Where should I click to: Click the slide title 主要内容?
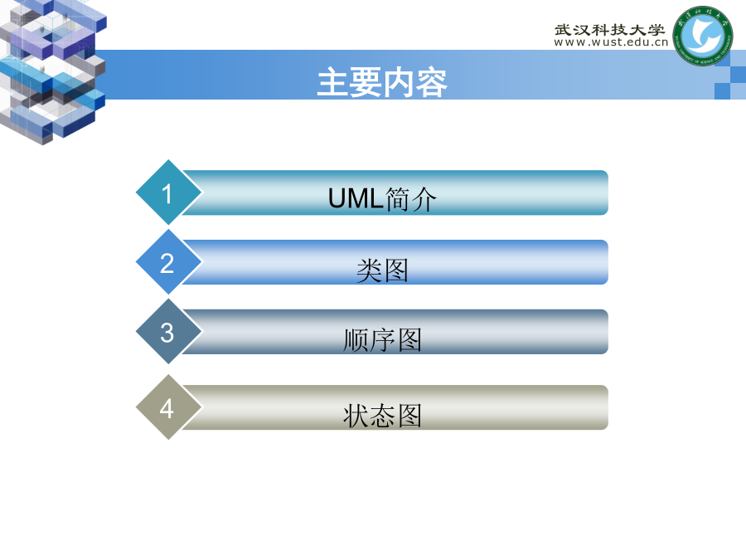(382, 82)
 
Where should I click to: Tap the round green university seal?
(702, 36)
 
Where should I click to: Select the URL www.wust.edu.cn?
(611, 42)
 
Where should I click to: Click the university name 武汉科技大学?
(609, 30)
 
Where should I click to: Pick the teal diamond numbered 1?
(169, 192)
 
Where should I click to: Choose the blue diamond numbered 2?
(169, 262)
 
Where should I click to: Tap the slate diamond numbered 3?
(169, 331)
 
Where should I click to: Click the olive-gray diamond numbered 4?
(169, 407)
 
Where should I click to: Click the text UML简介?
(382, 198)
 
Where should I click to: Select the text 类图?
(382, 270)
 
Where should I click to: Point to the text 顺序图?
(382, 340)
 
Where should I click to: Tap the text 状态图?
(382, 416)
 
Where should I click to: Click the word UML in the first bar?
(356, 198)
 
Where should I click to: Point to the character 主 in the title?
(333, 82)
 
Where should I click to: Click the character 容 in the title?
(432, 83)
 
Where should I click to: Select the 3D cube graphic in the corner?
(52, 71)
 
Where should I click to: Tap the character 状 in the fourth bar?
(356, 416)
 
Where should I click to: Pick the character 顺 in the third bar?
(356, 340)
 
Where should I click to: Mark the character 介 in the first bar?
(424, 199)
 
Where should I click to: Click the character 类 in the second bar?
(370, 270)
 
